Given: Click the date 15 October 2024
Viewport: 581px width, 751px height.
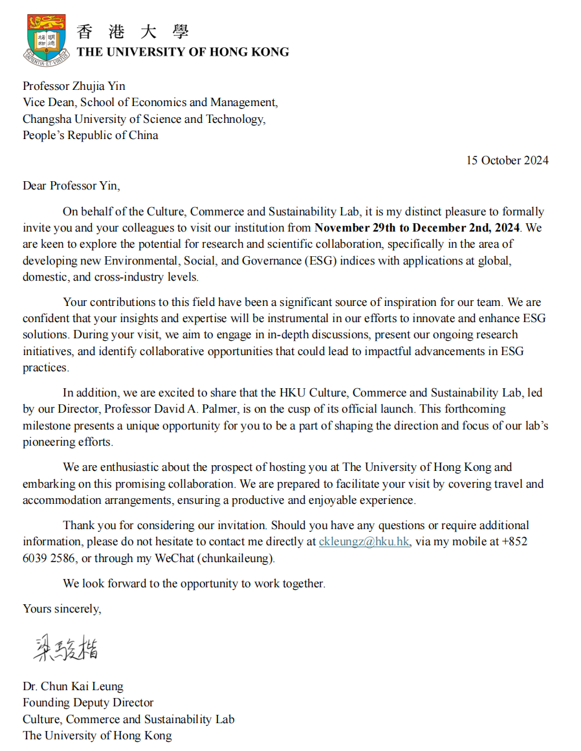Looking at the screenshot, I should coord(507,160).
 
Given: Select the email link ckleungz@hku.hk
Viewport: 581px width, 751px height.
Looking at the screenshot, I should coord(364,541).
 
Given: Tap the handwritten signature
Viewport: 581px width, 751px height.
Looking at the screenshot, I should coord(67,648).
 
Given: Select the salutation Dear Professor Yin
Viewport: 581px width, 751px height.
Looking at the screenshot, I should coord(71,186).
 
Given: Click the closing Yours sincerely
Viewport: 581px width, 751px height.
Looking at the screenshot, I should coord(62,608).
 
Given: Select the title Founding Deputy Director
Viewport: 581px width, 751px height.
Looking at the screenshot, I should coord(88,702).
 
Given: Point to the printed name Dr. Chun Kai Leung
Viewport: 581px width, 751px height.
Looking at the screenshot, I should coord(73,686).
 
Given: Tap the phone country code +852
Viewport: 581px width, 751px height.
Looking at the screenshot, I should coord(514,541).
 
